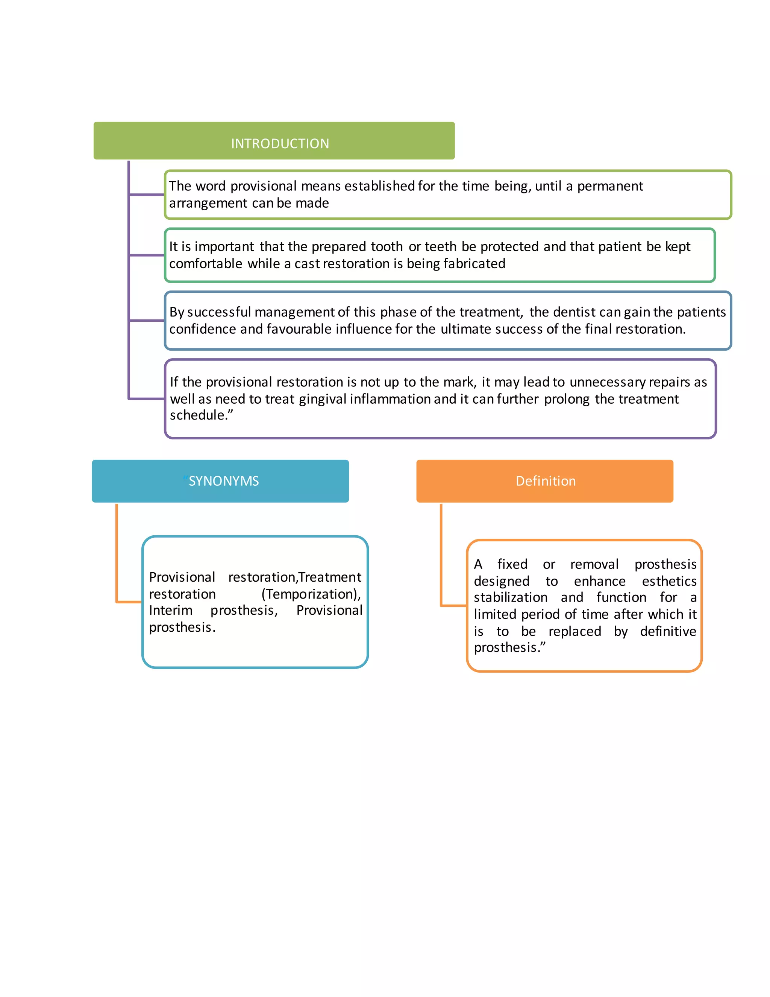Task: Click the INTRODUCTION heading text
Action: point(280,144)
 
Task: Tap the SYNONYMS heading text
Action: point(224,481)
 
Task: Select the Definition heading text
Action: point(546,481)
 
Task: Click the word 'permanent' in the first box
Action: point(610,186)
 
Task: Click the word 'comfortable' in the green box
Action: point(206,264)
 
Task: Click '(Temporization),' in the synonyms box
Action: point(311,594)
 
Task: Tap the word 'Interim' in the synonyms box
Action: point(171,611)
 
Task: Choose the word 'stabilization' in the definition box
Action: point(511,597)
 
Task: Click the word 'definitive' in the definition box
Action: point(668,631)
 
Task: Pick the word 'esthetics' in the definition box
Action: point(669,581)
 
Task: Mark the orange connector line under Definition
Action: point(441,557)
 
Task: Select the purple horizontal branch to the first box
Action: point(146,195)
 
